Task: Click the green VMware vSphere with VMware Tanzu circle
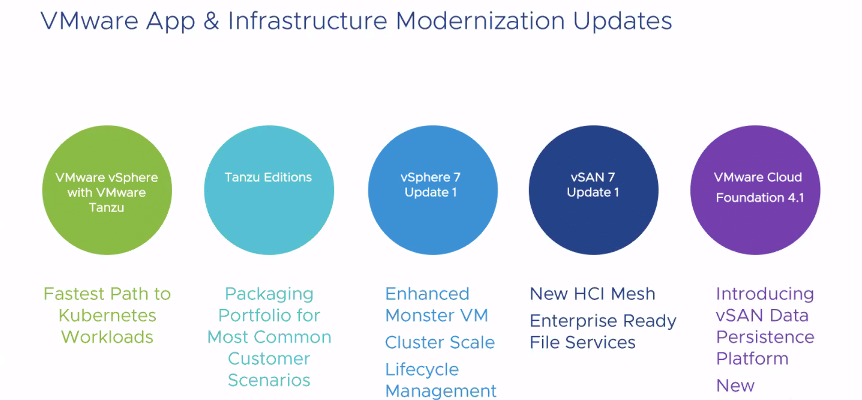click(x=107, y=190)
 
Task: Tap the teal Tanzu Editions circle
click(x=269, y=190)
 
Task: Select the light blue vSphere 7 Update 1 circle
click(x=433, y=190)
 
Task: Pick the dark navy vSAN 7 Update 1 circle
click(x=594, y=190)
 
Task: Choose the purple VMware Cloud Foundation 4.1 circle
click(x=755, y=190)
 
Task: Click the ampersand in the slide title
click(x=212, y=21)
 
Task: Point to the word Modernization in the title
click(x=480, y=21)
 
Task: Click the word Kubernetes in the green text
click(x=107, y=315)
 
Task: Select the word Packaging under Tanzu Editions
click(x=269, y=294)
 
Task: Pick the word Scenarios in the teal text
click(x=269, y=380)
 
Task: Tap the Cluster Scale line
click(x=440, y=342)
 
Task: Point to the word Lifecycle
click(x=422, y=370)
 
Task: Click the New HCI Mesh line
click(x=593, y=294)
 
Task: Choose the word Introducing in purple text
click(x=765, y=294)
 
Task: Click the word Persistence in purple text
click(x=765, y=337)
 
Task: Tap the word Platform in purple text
click(x=752, y=358)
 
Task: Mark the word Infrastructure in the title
click(x=308, y=21)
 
